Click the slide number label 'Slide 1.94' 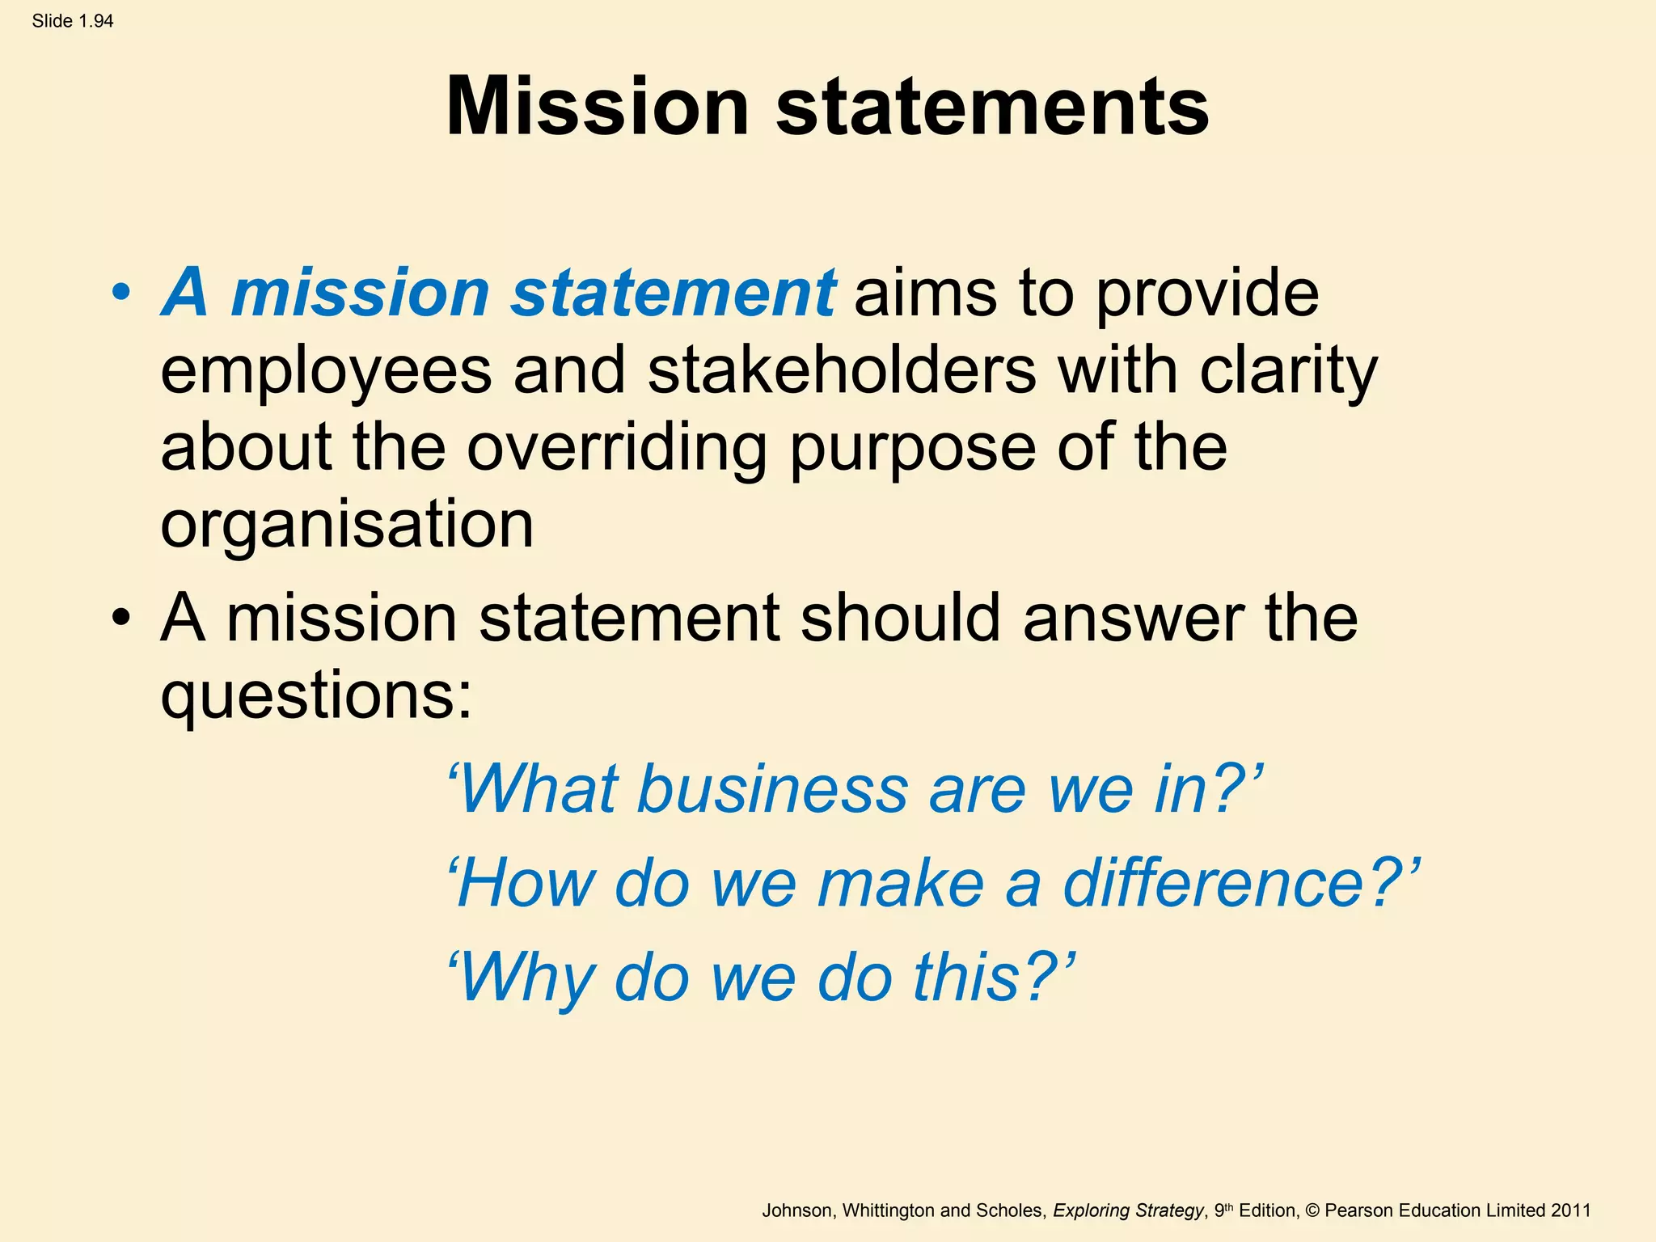pos(73,21)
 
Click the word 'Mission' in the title pos(598,107)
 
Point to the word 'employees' pos(326,370)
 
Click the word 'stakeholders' pos(842,370)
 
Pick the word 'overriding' pos(616,447)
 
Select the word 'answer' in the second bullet pos(1133,618)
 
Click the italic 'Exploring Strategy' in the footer pos(1128,1210)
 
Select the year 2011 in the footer pos(1570,1210)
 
